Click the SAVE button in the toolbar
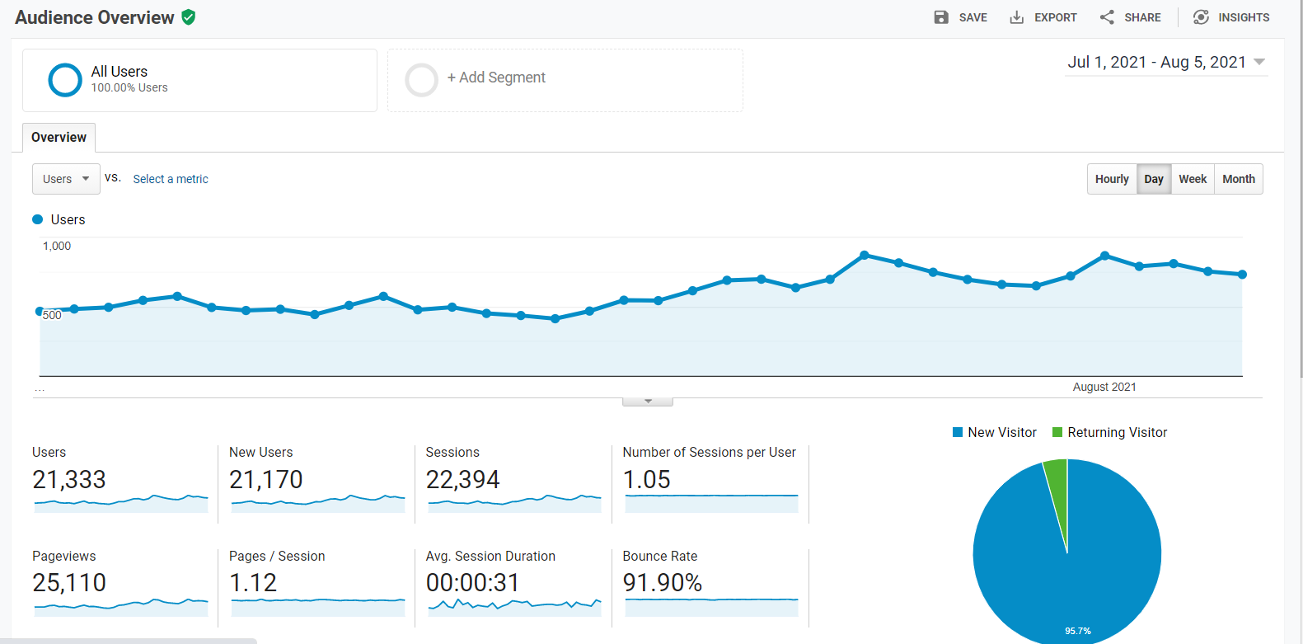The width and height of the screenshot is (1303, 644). coord(960,17)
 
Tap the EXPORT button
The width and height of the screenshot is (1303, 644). coord(1043,17)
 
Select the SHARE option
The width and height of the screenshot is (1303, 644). coord(1130,17)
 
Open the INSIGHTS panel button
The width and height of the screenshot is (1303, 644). coord(1231,17)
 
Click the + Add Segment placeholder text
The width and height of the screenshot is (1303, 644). coord(495,78)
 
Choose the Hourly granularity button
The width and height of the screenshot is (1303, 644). coord(1112,179)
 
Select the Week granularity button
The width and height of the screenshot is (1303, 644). coord(1193,179)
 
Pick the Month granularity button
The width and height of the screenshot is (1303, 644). coord(1239,179)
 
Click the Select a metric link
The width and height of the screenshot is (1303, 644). coord(171,179)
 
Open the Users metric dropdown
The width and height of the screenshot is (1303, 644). coord(66,179)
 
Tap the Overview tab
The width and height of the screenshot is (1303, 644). coord(59,138)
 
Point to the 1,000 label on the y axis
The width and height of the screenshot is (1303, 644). coord(56,246)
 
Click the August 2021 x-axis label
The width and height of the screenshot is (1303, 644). coord(1104,387)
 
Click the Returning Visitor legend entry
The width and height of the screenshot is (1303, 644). coord(1110,432)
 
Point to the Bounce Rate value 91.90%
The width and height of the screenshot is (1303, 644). coord(662,582)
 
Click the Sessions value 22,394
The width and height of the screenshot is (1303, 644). coord(462,479)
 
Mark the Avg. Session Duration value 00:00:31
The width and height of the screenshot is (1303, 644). coord(472,582)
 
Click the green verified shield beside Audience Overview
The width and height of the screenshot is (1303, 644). coord(189,17)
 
